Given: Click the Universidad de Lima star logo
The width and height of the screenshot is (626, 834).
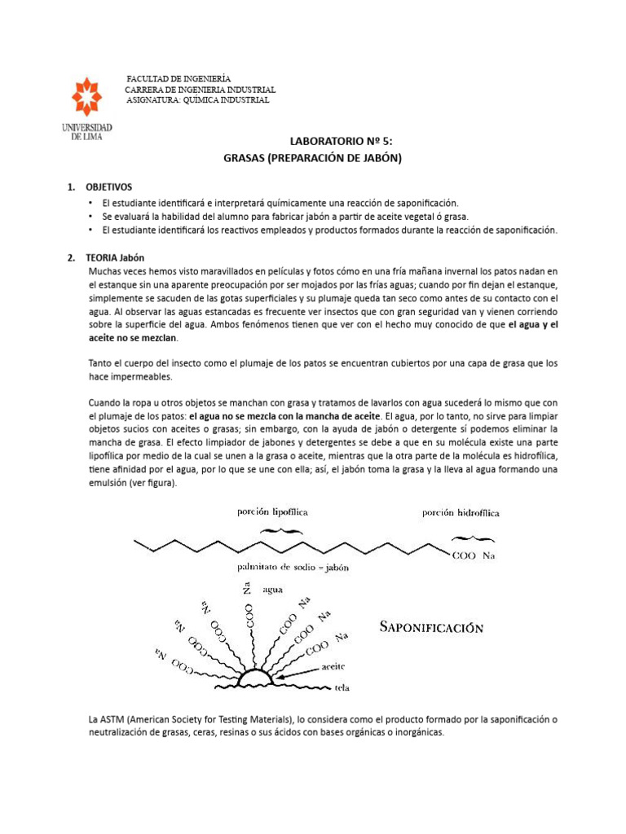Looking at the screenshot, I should [x=86, y=97].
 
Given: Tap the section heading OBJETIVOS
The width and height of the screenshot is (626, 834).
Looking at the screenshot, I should [x=108, y=187].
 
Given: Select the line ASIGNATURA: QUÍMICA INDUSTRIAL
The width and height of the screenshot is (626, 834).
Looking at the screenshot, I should [x=197, y=99].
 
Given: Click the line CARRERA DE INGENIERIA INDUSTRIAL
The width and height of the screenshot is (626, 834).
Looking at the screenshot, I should [x=200, y=88].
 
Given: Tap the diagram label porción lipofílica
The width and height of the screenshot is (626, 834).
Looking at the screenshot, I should [x=273, y=511].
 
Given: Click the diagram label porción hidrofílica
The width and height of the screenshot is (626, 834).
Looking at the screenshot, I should [x=461, y=512].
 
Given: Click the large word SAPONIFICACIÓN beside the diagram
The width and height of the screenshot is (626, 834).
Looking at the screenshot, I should [x=432, y=627].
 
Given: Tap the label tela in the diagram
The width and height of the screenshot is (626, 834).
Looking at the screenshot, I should [x=342, y=687].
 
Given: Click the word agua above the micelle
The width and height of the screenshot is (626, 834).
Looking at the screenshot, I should [x=273, y=590].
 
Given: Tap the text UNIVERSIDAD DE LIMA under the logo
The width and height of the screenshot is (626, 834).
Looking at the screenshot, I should [x=86, y=131].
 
